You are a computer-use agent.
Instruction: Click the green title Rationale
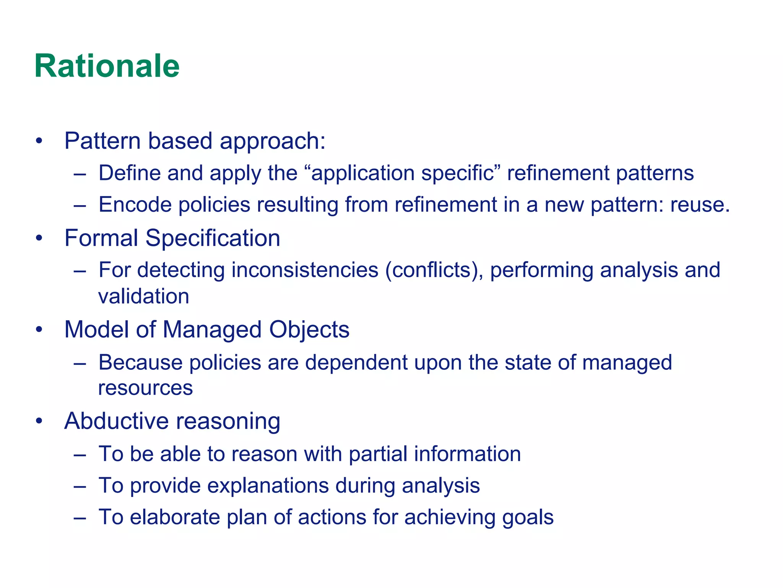[x=107, y=66]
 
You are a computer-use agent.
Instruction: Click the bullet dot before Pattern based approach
[x=39, y=141]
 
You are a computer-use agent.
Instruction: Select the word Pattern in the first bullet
[x=102, y=141]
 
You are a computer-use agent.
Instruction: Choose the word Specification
[x=213, y=238]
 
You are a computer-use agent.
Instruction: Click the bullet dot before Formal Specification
[x=39, y=238]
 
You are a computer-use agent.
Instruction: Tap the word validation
[x=144, y=296]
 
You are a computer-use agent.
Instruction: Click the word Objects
[x=309, y=330]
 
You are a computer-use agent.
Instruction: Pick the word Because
[x=140, y=362]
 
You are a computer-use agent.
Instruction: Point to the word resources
[x=145, y=388]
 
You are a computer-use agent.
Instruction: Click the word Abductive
[x=116, y=421]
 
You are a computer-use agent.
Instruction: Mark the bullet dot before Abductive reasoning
[x=39, y=421]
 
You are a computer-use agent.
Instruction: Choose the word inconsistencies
[x=305, y=270]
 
